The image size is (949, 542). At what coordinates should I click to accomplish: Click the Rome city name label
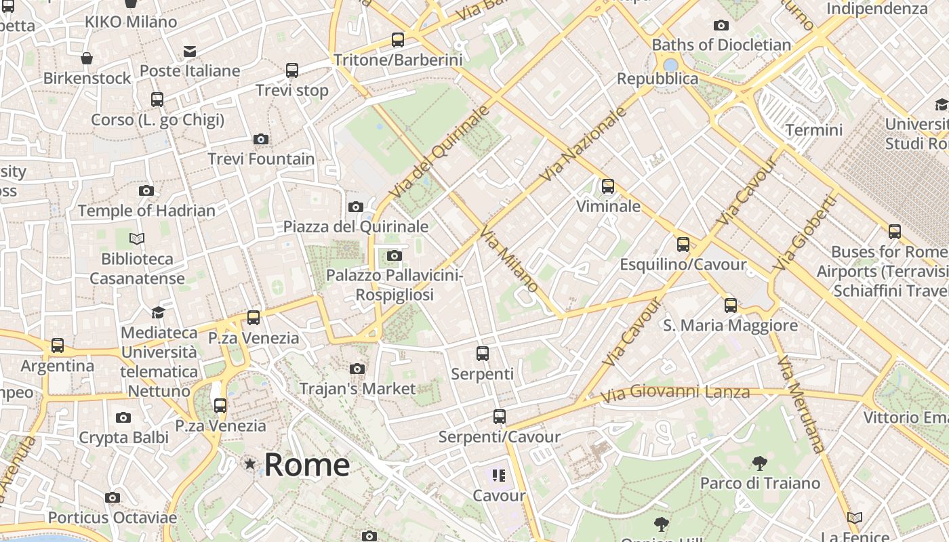click(x=306, y=465)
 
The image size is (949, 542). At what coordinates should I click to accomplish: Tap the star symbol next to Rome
click(x=250, y=464)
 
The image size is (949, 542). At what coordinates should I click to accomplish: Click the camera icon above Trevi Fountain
click(x=261, y=139)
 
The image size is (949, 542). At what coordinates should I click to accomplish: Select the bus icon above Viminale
click(x=608, y=186)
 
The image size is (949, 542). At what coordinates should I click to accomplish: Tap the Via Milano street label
click(x=509, y=260)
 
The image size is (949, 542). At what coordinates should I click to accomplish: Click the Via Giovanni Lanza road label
click(x=675, y=392)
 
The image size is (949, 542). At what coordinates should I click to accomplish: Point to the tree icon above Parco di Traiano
click(x=760, y=463)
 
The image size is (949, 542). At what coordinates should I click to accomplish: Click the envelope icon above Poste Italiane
click(x=190, y=51)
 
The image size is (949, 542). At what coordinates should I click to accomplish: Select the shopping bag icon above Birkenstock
click(x=87, y=59)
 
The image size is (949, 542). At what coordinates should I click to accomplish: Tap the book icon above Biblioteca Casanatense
click(x=137, y=238)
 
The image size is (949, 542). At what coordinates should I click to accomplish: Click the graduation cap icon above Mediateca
click(x=158, y=312)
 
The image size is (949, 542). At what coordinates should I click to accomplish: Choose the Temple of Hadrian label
click(x=146, y=211)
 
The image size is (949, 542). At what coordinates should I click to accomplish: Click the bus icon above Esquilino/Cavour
click(x=683, y=245)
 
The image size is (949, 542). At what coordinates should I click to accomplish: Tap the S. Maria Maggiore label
click(x=730, y=326)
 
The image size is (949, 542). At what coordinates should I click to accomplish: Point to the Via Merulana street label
click(x=801, y=404)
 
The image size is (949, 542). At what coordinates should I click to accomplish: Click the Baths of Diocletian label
click(x=721, y=45)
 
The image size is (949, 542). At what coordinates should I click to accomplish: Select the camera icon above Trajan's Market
click(x=357, y=369)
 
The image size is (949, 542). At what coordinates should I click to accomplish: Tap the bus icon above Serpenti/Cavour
click(x=500, y=417)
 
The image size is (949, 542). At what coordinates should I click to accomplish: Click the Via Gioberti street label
click(x=806, y=234)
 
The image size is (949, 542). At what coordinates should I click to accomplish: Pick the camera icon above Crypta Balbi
click(x=123, y=417)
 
